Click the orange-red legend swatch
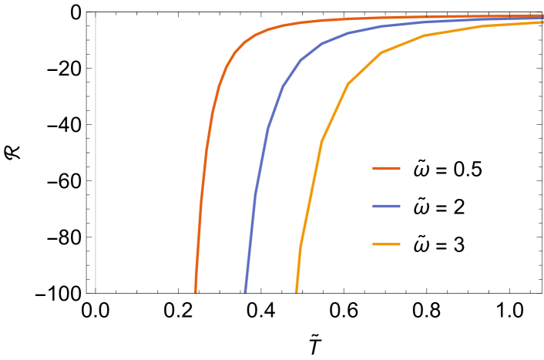pos(386,168)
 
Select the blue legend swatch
pos(386,206)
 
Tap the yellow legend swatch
pos(386,244)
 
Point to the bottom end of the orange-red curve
pos(195,292)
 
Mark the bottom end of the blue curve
pos(246,292)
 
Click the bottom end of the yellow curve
pos(296,292)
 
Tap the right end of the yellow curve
pos(542,22)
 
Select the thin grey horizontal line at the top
pos(308,12)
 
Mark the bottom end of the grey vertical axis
pos(96,291)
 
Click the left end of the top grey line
pos(87,12)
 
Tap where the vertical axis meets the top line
pos(96,12)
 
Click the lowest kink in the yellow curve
pos(301,247)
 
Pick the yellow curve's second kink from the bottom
pos(321,141)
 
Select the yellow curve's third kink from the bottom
pos(348,83)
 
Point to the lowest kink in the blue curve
pos(256,193)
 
